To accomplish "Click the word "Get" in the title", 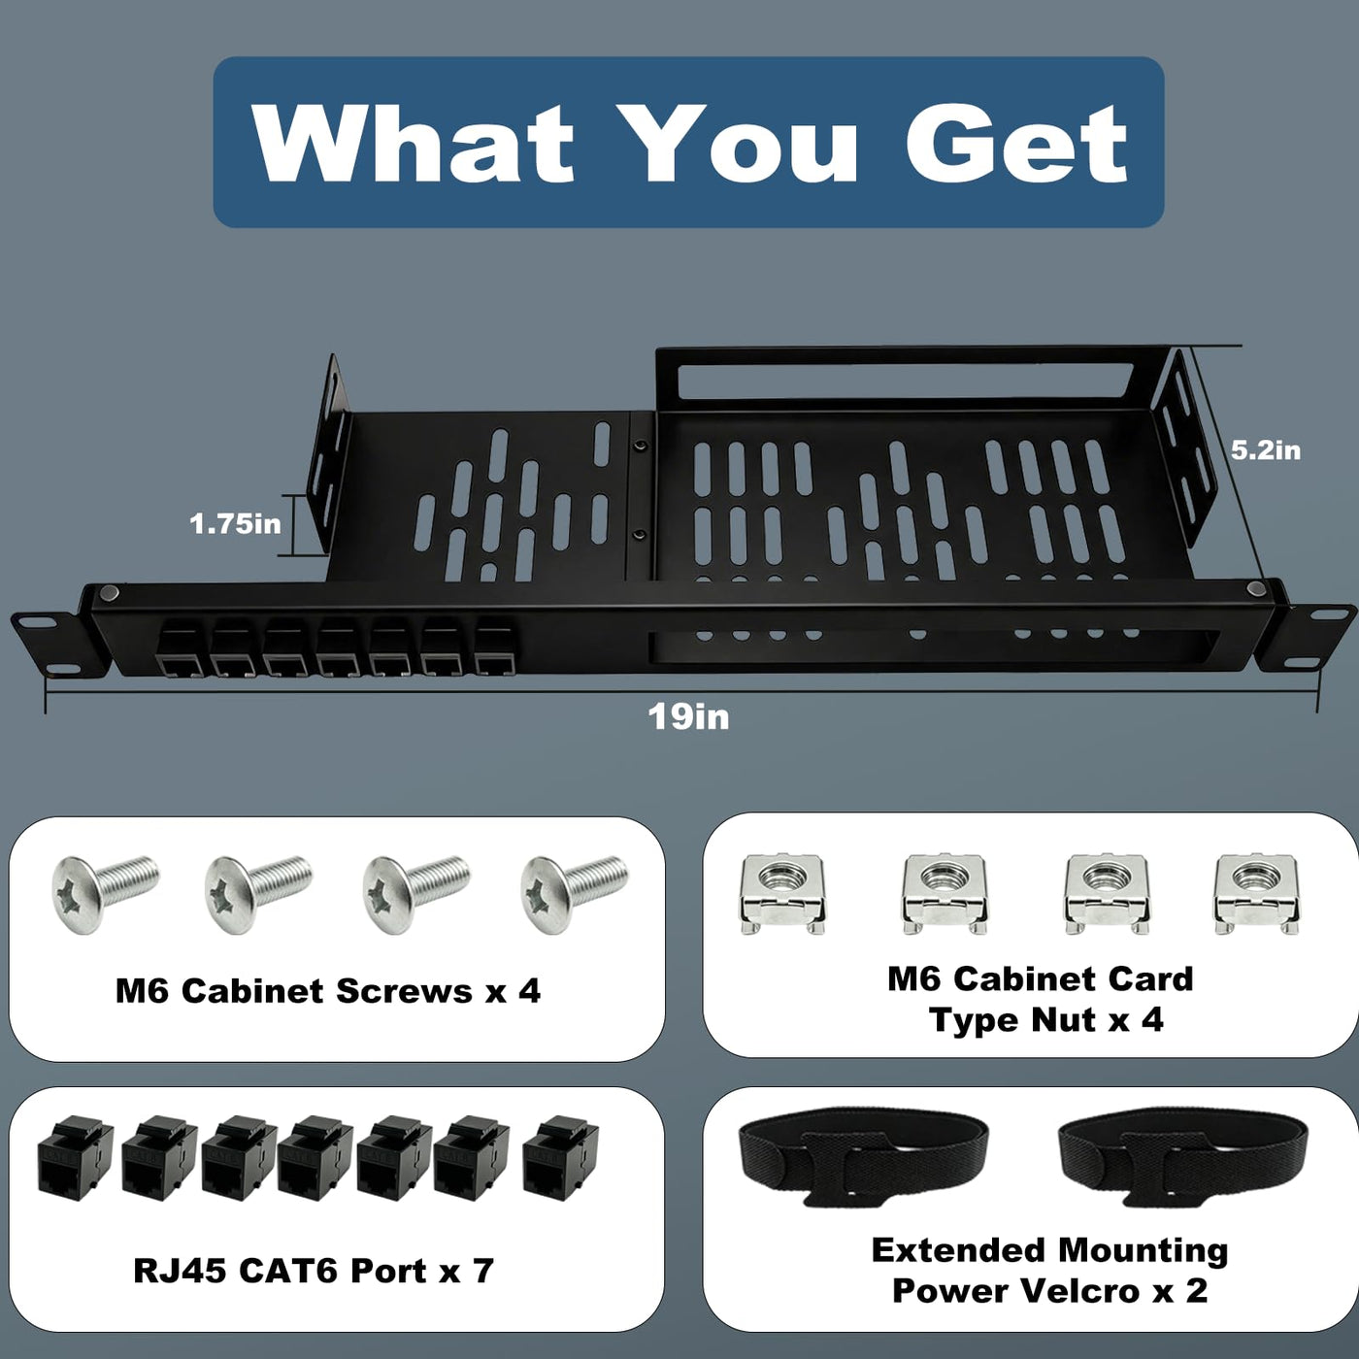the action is pyautogui.click(x=1016, y=143).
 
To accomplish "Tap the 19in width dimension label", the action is pyautogui.click(x=688, y=717).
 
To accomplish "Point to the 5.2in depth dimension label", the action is pyautogui.click(x=1265, y=450).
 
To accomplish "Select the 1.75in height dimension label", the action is pyautogui.click(x=235, y=523).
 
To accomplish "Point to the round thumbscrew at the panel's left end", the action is pyautogui.click(x=110, y=594).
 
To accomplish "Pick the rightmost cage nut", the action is pyautogui.click(x=1257, y=893).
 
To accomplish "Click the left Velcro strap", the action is pyautogui.click(x=863, y=1154).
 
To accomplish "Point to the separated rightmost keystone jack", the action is pyautogui.click(x=561, y=1154).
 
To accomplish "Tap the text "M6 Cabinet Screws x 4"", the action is pyautogui.click(x=328, y=991).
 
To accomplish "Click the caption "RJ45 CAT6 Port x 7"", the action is pyautogui.click(x=314, y=1271).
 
